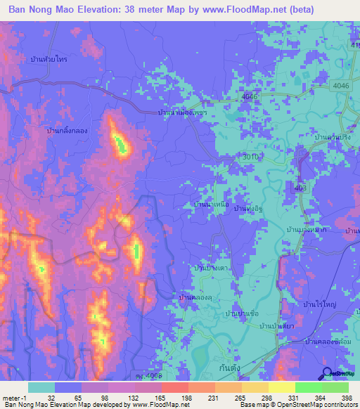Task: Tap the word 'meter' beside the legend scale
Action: coord(11,398)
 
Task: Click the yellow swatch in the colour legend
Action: coord(282,387)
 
